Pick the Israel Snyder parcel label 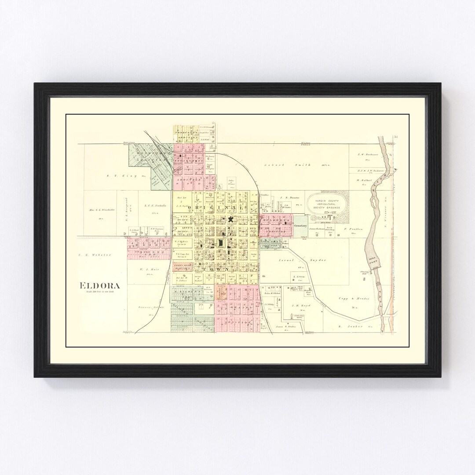303,260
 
